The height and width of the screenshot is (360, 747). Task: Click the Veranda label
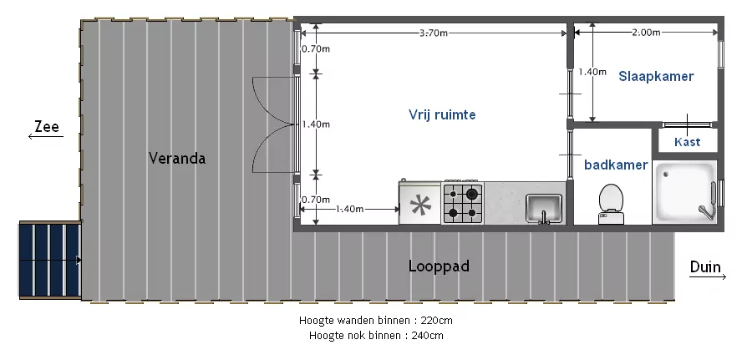click(177, 158)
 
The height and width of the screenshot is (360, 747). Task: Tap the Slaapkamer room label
click(656, 76)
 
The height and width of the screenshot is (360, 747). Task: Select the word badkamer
click(616, 165)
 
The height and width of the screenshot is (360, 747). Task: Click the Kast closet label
click(688, 142)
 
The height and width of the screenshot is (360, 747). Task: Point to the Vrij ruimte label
click(442, 114)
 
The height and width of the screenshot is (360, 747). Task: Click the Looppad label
click(439, 266)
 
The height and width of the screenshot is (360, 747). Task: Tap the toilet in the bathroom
click(612, 204)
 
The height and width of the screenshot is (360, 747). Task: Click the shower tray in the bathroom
click(684, 192)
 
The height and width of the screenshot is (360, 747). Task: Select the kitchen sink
click(544, 209)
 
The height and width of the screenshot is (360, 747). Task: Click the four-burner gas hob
click(463, 203)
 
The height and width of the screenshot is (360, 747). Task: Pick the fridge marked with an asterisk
click(420, 203)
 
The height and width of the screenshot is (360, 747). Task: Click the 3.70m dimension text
click(434, 33)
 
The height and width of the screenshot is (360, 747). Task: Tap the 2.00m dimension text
click(647, 33)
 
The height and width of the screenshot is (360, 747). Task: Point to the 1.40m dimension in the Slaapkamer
click(592, 72)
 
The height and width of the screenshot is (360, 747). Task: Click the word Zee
click(47, 127)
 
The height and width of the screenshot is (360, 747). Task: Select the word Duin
click(705, 267)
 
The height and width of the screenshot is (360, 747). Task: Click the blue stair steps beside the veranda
click(49, 260)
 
